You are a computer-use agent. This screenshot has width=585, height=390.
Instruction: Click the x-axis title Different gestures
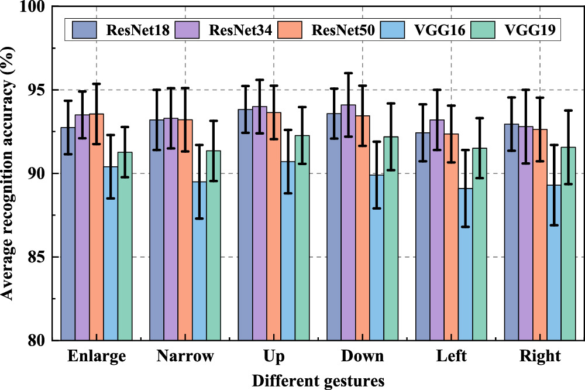pos(318,381)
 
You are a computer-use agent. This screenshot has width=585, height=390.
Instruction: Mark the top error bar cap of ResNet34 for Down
pos(348,73)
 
